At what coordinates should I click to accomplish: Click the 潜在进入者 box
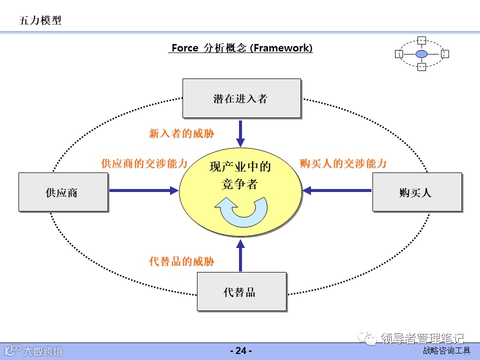point(241,98)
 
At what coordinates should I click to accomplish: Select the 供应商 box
point(63,192)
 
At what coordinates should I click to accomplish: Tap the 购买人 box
point(417,192)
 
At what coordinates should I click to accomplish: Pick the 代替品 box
point(241,292)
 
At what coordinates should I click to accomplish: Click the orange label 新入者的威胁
point(181,133)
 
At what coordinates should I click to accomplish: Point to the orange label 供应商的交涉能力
point(144,163)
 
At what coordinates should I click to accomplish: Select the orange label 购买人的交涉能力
point(343,163)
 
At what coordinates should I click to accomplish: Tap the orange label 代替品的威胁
point(181,261)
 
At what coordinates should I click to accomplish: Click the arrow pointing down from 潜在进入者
point(240,133)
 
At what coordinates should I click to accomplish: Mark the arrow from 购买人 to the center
point(337,190)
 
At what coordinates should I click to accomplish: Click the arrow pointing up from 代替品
point(240,255)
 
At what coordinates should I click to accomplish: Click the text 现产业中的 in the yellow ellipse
point(240,167)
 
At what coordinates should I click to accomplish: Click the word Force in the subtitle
point(185,48)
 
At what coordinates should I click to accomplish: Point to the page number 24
point(240,351)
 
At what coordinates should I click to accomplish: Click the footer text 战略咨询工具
point(446,351)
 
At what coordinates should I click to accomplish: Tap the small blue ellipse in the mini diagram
point(421,53)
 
